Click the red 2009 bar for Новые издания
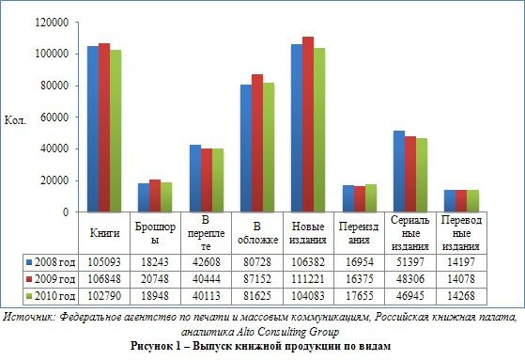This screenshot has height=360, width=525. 308,124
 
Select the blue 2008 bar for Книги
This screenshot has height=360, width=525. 93,129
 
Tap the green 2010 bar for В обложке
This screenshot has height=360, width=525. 269,148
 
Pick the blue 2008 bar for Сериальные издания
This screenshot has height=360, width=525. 399,171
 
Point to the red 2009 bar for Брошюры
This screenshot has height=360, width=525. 155,196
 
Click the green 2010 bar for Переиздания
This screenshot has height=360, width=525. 371,198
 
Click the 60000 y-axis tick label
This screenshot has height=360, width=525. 54,117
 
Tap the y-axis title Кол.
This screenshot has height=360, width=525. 15,120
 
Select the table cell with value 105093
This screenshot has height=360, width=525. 104,262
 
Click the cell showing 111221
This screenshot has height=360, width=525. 308,279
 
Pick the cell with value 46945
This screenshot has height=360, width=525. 410,296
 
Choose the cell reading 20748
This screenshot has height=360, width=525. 155,279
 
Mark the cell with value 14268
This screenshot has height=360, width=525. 461,296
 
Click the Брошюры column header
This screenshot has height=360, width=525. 155,233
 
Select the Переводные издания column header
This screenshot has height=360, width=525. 461,233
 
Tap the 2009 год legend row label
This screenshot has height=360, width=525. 54,279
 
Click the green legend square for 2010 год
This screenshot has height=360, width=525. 29,296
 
